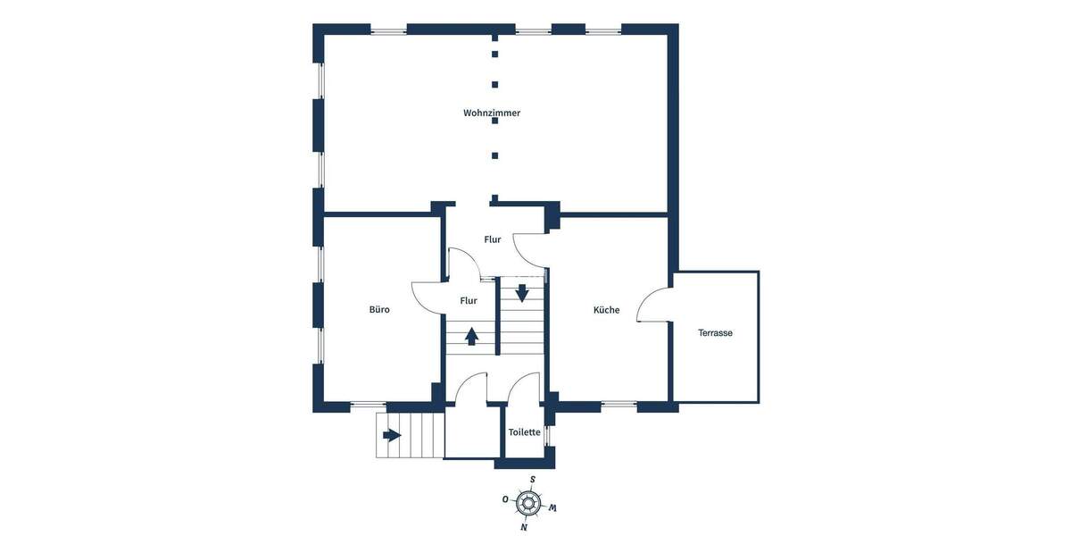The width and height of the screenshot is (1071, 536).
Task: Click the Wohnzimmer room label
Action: (492, 113)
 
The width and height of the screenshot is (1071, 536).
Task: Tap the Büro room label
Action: (379, 310)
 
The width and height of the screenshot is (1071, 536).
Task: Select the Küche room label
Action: (606, 310)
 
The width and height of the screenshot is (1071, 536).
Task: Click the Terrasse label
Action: (716, 332)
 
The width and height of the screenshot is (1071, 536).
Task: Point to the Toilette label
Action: (525, 432)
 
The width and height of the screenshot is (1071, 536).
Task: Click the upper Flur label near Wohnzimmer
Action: (492, 239)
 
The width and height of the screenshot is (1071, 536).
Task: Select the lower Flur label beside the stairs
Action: (469, 301)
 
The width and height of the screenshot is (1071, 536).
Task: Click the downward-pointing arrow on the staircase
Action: (522, 292)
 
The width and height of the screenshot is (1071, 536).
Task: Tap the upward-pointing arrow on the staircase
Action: (471, 336)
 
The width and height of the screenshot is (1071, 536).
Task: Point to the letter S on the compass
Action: (533, 480)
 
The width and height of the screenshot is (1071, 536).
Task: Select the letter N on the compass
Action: (524, 527)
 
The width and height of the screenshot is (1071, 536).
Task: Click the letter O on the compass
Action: (505, 498)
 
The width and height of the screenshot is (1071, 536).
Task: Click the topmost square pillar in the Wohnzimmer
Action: (494, 39)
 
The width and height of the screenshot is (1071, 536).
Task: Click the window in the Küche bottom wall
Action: (619, 406)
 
